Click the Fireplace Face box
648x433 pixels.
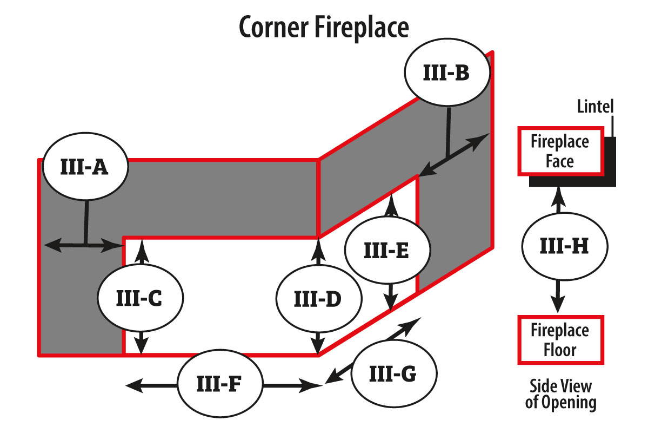560,151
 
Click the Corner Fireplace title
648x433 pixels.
324,28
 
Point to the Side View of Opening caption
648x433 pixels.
560,394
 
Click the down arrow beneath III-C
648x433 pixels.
141,345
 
